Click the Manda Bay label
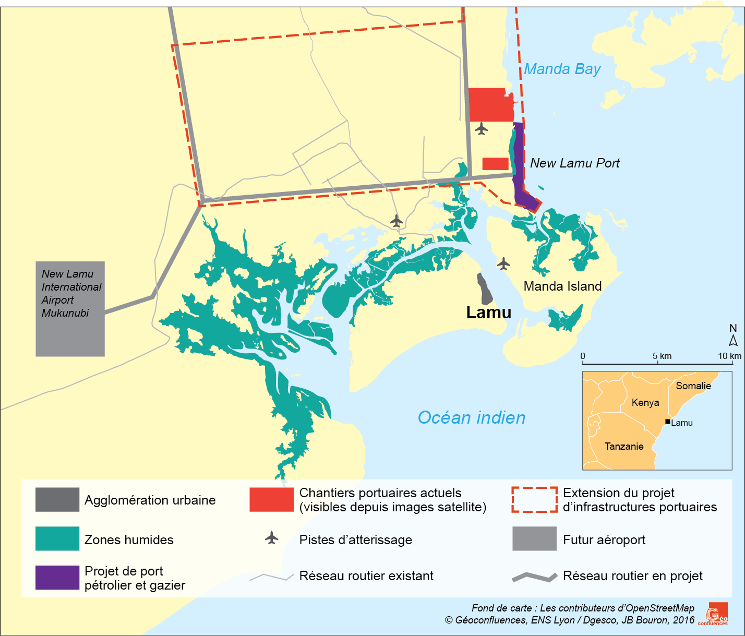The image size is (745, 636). [562, 69]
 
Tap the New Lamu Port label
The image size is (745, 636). [574, 163]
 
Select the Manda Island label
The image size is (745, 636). [562, 286]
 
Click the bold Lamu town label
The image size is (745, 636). [488, 313]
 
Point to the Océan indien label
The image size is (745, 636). [471, 418]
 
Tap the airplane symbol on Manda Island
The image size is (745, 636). [503, 263]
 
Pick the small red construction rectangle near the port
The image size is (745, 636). [495, 164]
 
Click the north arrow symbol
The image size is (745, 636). [733, 340]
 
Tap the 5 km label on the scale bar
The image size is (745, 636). [662, 356]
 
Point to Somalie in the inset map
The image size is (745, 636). [693, 386]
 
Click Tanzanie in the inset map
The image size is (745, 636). [623, 447]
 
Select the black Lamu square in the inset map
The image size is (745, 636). [667, 422]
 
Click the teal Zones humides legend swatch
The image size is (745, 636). [57, 539]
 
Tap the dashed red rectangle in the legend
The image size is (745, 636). [534, 500]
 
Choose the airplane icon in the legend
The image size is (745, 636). [271, 537]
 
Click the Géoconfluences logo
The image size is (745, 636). [717, 614]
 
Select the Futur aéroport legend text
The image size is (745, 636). [604, 540]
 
